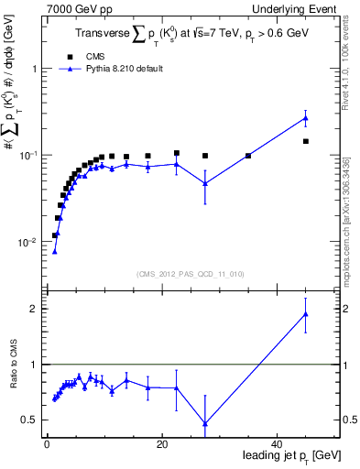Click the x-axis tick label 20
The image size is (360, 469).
(161, 443)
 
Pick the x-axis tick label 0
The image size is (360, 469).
(47, 443)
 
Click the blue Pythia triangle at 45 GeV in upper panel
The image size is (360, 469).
(306, 118)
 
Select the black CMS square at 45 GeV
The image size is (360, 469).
(306, 141)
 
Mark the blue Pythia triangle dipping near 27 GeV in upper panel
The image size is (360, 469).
(205, 183)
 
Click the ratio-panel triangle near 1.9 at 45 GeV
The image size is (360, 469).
(306, 314)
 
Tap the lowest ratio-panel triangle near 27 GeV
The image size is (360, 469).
(205, 424)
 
